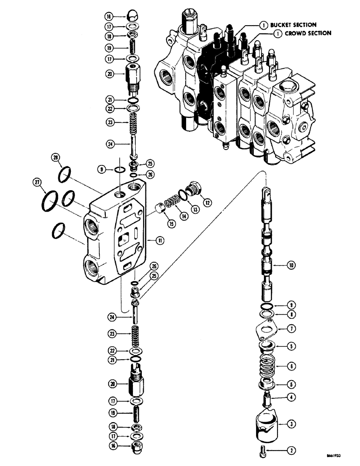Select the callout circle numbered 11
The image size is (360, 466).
pyautogui.click(x=159, y=240)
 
